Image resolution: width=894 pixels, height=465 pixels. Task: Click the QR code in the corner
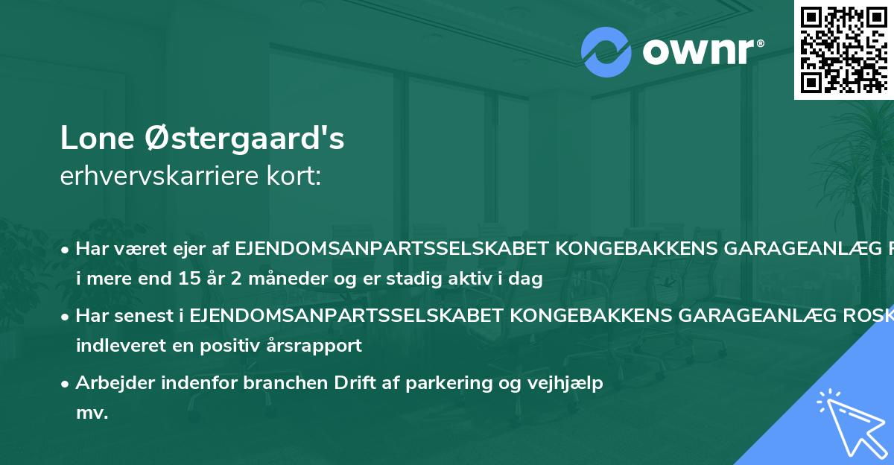(x=843, y=49)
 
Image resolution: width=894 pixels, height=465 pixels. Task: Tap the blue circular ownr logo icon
(x=606, y=52)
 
